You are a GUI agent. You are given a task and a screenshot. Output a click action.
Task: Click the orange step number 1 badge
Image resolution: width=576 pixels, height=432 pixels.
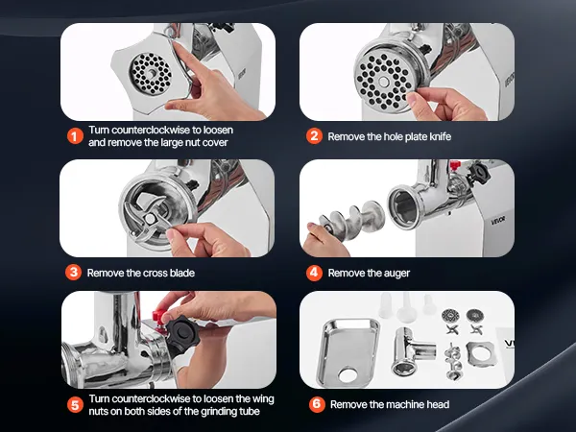(x=75, y=136)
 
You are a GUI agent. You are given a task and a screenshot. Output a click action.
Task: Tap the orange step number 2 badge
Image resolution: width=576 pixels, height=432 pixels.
(x=314, y=136)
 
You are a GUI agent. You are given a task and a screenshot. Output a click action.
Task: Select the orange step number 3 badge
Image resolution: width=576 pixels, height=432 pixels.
(x=74, y=273)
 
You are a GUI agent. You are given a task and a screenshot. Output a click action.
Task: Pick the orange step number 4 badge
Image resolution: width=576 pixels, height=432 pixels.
(x=314, y=273)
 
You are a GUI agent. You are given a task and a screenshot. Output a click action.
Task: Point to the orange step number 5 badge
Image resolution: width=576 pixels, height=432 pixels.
(x=75, y=405)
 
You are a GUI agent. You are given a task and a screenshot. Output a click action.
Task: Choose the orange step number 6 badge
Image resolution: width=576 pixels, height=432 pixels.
(x=317, y=404)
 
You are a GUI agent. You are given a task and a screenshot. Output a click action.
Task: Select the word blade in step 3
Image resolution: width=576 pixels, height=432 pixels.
(x=182, y=273)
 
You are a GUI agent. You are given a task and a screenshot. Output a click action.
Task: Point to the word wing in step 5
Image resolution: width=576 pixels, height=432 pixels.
(x=263, y=399)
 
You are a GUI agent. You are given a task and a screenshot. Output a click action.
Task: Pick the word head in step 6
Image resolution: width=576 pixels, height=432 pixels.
(x=438, y=404)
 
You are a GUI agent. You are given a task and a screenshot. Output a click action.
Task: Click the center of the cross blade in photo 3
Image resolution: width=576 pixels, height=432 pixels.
(x=150, y=219)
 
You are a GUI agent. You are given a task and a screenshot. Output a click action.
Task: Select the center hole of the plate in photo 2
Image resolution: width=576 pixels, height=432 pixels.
(x=383, y=82)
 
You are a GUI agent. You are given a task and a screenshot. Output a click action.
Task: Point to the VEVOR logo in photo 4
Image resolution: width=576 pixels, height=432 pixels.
(x=498, y=221)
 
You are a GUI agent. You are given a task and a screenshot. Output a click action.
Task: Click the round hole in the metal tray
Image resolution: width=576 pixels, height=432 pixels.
(x=348, y=375)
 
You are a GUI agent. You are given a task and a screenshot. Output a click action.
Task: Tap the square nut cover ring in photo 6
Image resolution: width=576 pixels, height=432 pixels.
(x=480, y=354)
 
